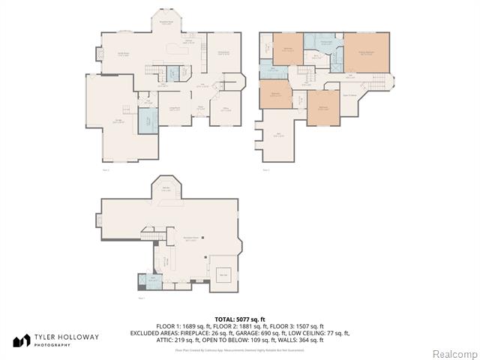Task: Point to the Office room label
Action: click(226, 110)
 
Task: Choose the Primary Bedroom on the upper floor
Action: click(367, 54)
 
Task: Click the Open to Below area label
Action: click(349, 94)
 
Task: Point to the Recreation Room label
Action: click(190, 240)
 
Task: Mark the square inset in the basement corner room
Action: click(223, 274)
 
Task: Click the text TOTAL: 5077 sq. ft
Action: click(239, 320)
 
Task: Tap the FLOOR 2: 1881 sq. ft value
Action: click(239, 327)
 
